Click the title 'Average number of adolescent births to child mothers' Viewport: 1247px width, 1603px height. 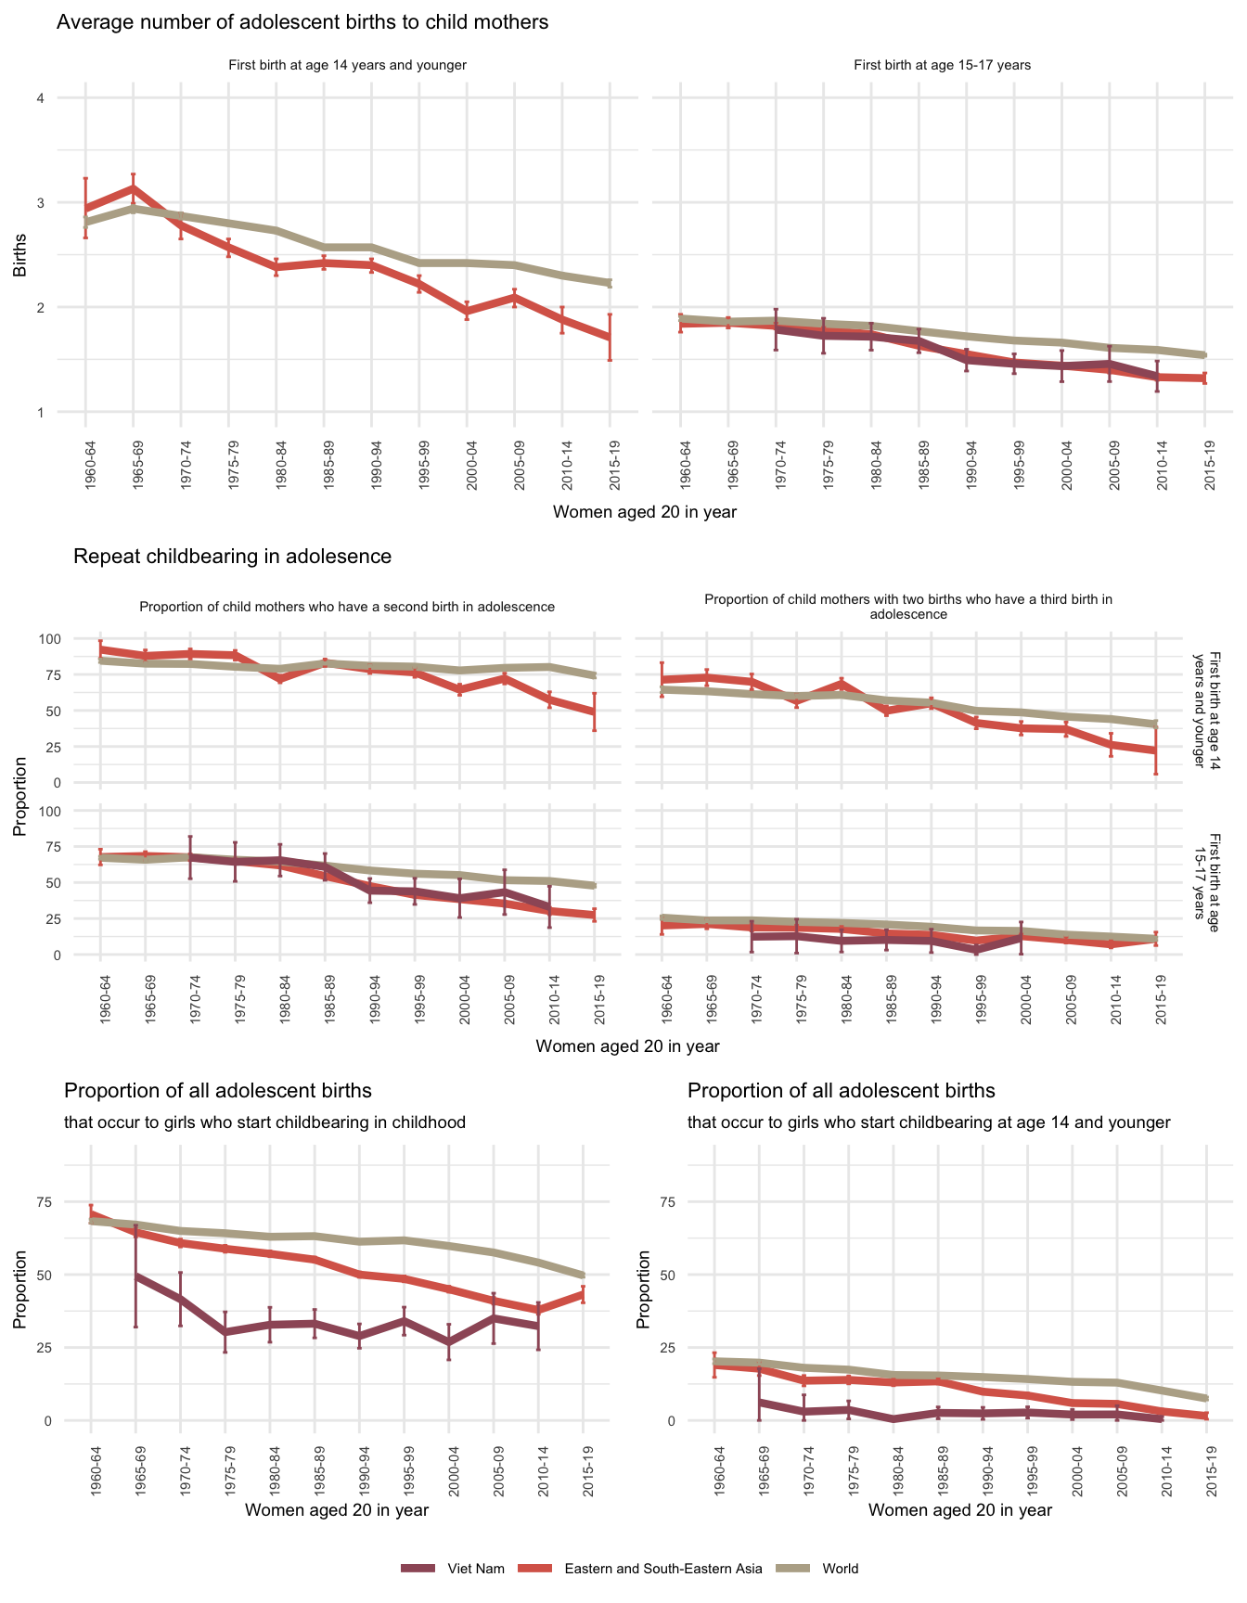pyautogui.click(x=302, y=22)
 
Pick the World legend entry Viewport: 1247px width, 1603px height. pyautogui.click(x=840, y=1569)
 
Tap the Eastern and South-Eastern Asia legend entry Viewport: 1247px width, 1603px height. pyautogui.click(x=662, y=1569)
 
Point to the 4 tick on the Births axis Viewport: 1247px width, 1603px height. pyautogui.click(x=41, y=98)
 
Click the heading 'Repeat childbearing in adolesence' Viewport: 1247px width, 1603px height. pyautogui.click(x=232, y=557)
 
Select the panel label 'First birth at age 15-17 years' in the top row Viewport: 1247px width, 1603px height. pyautogui.click(x=942, y=66)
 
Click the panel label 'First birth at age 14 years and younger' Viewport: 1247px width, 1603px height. pyautogui.click(x=347, y=66)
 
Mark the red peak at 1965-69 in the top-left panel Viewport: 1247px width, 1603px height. pyautogui.click(x=133, y=188)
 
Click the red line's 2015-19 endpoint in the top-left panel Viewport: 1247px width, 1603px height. pyautogui.click(x=610, y=338)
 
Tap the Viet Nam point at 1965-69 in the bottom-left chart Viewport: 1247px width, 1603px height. pyautogui.click(x=135, y=1276)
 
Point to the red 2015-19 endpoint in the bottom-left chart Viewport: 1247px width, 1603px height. pyautogui.click(x=584, y=1293)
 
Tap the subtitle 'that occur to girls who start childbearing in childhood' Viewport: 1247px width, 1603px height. pyautogui.click(x=264, y=1122)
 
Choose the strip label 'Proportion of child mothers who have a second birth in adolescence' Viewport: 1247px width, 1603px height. pyautogui.click(x=347, y=607)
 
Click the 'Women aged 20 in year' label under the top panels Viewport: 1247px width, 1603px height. pyautogui.click(x=644, y=512)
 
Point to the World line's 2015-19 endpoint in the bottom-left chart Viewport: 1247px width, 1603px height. pyautogui.click(x=584, y=1276)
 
